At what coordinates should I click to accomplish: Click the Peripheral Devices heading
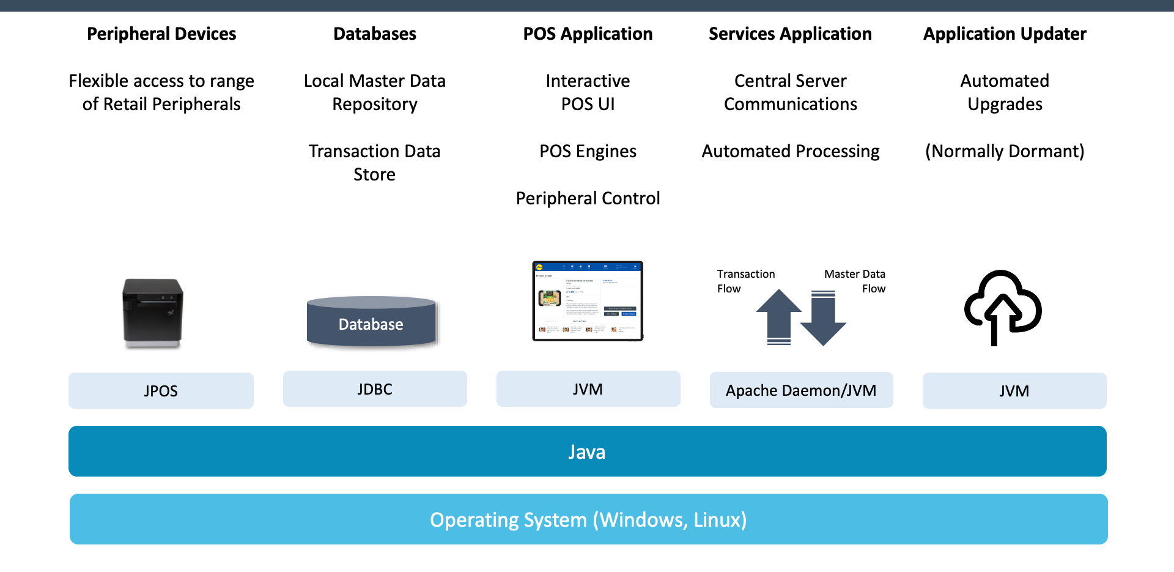[x=161, y=34]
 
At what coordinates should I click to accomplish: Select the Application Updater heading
[x=1005, y=34]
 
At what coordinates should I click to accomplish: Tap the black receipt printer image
[x=152, y=313]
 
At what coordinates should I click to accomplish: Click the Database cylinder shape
[x=372, y=322]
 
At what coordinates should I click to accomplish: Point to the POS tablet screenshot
[x=588, y=300]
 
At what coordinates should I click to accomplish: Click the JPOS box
[x=161, y=390]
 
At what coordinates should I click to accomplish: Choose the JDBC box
[x=375, y=389]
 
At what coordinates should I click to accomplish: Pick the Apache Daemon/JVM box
[x=801, y=390]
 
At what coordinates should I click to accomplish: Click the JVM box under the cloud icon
[x=1014, y=390]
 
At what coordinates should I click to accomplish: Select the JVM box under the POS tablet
[x=588, y=389]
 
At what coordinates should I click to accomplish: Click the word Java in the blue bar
[x=586, y=451]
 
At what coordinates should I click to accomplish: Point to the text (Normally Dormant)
[x=1005, y=151]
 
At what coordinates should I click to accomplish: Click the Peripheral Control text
[x=588, y=198]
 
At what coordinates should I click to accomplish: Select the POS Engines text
[x=588, y=151]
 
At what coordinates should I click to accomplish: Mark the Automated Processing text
[x=790, y=151]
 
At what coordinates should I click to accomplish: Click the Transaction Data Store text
[x=374, y=163]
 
